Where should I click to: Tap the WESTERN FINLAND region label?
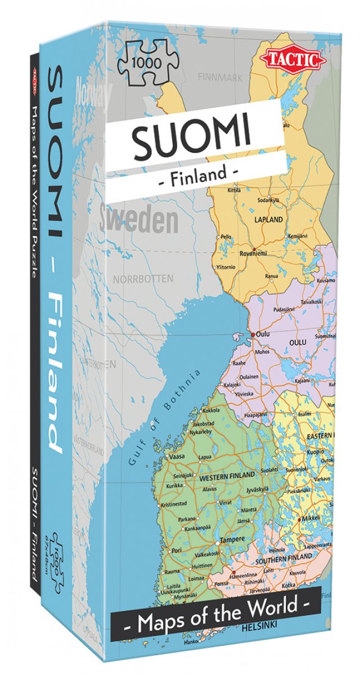point(222,478)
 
